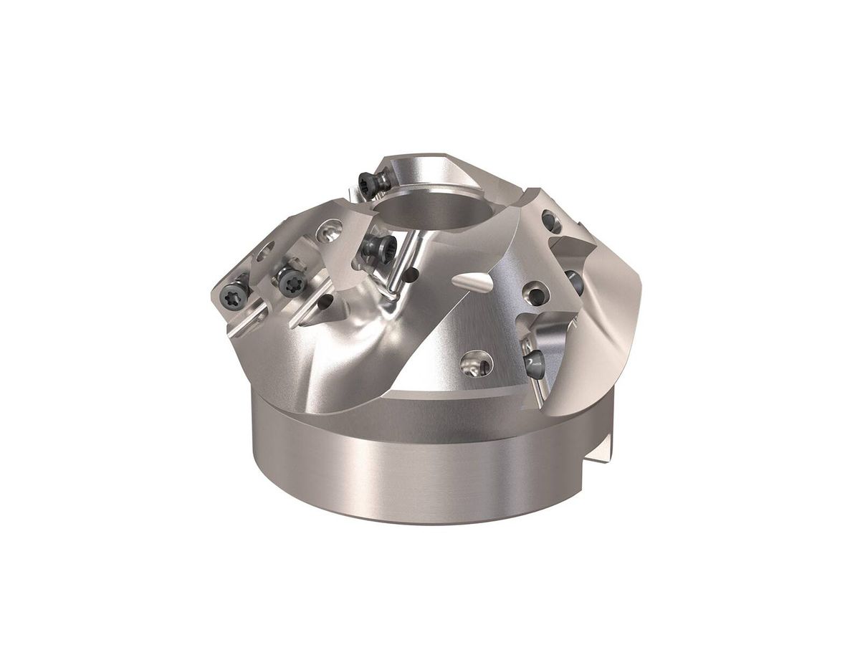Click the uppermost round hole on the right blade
click(551, 219)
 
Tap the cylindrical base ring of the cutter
click(416, 466)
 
